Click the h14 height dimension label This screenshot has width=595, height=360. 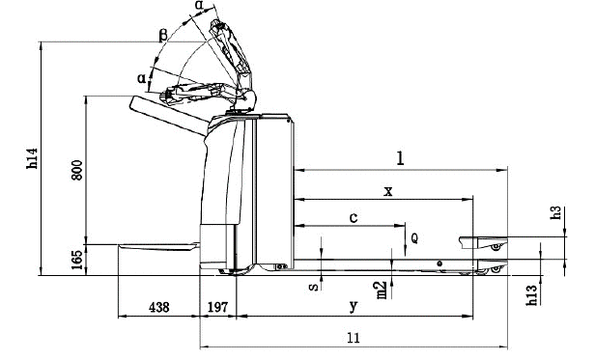point(33,158)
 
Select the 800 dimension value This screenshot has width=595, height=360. point(76,170)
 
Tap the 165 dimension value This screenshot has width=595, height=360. point(76,260)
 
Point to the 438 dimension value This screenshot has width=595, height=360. point(159,307)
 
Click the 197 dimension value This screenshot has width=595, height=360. point(218,307)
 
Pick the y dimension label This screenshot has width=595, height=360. point(354,306)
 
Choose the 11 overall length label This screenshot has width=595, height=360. point(354,338)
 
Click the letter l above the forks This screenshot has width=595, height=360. point(400,158)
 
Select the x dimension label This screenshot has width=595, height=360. point(388,191)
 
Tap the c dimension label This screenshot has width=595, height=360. point(354,218)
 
